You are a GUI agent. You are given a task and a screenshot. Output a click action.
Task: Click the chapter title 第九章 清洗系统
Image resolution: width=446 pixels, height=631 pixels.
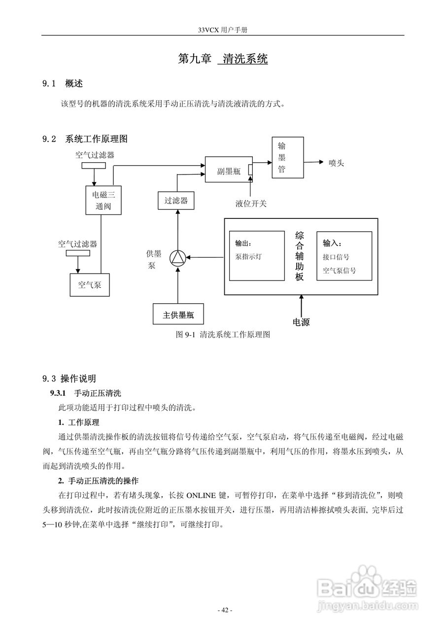click(x=223, y=59)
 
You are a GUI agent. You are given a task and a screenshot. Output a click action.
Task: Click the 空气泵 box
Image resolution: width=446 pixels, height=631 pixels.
click(x=89, y=284)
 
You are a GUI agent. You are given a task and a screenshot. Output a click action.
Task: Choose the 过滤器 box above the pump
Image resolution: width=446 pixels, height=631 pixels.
click(x=176, y=201)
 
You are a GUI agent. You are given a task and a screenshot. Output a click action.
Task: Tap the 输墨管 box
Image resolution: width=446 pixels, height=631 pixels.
click(x=288, y=158)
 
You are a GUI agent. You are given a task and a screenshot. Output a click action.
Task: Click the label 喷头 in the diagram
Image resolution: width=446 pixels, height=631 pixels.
click(x=336, y=163)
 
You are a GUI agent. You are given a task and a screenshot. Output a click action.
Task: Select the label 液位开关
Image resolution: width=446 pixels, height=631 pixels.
click(x=251, y=203)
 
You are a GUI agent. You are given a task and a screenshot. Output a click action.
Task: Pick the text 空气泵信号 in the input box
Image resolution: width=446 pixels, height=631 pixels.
click(x=339, y=271)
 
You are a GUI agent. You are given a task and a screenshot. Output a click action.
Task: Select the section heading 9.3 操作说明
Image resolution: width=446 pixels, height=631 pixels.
click(x=69, y=379)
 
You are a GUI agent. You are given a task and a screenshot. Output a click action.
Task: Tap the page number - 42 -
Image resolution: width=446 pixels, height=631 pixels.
click(x=225, y=610)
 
